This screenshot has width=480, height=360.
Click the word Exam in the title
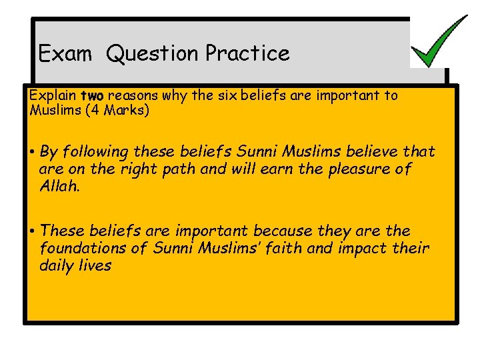(65, 53)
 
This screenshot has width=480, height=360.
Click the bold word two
(92, 95)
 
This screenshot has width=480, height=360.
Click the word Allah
(60, 186)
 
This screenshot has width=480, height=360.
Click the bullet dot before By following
(32, 153)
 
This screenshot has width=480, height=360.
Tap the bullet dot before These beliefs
(32, 231)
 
